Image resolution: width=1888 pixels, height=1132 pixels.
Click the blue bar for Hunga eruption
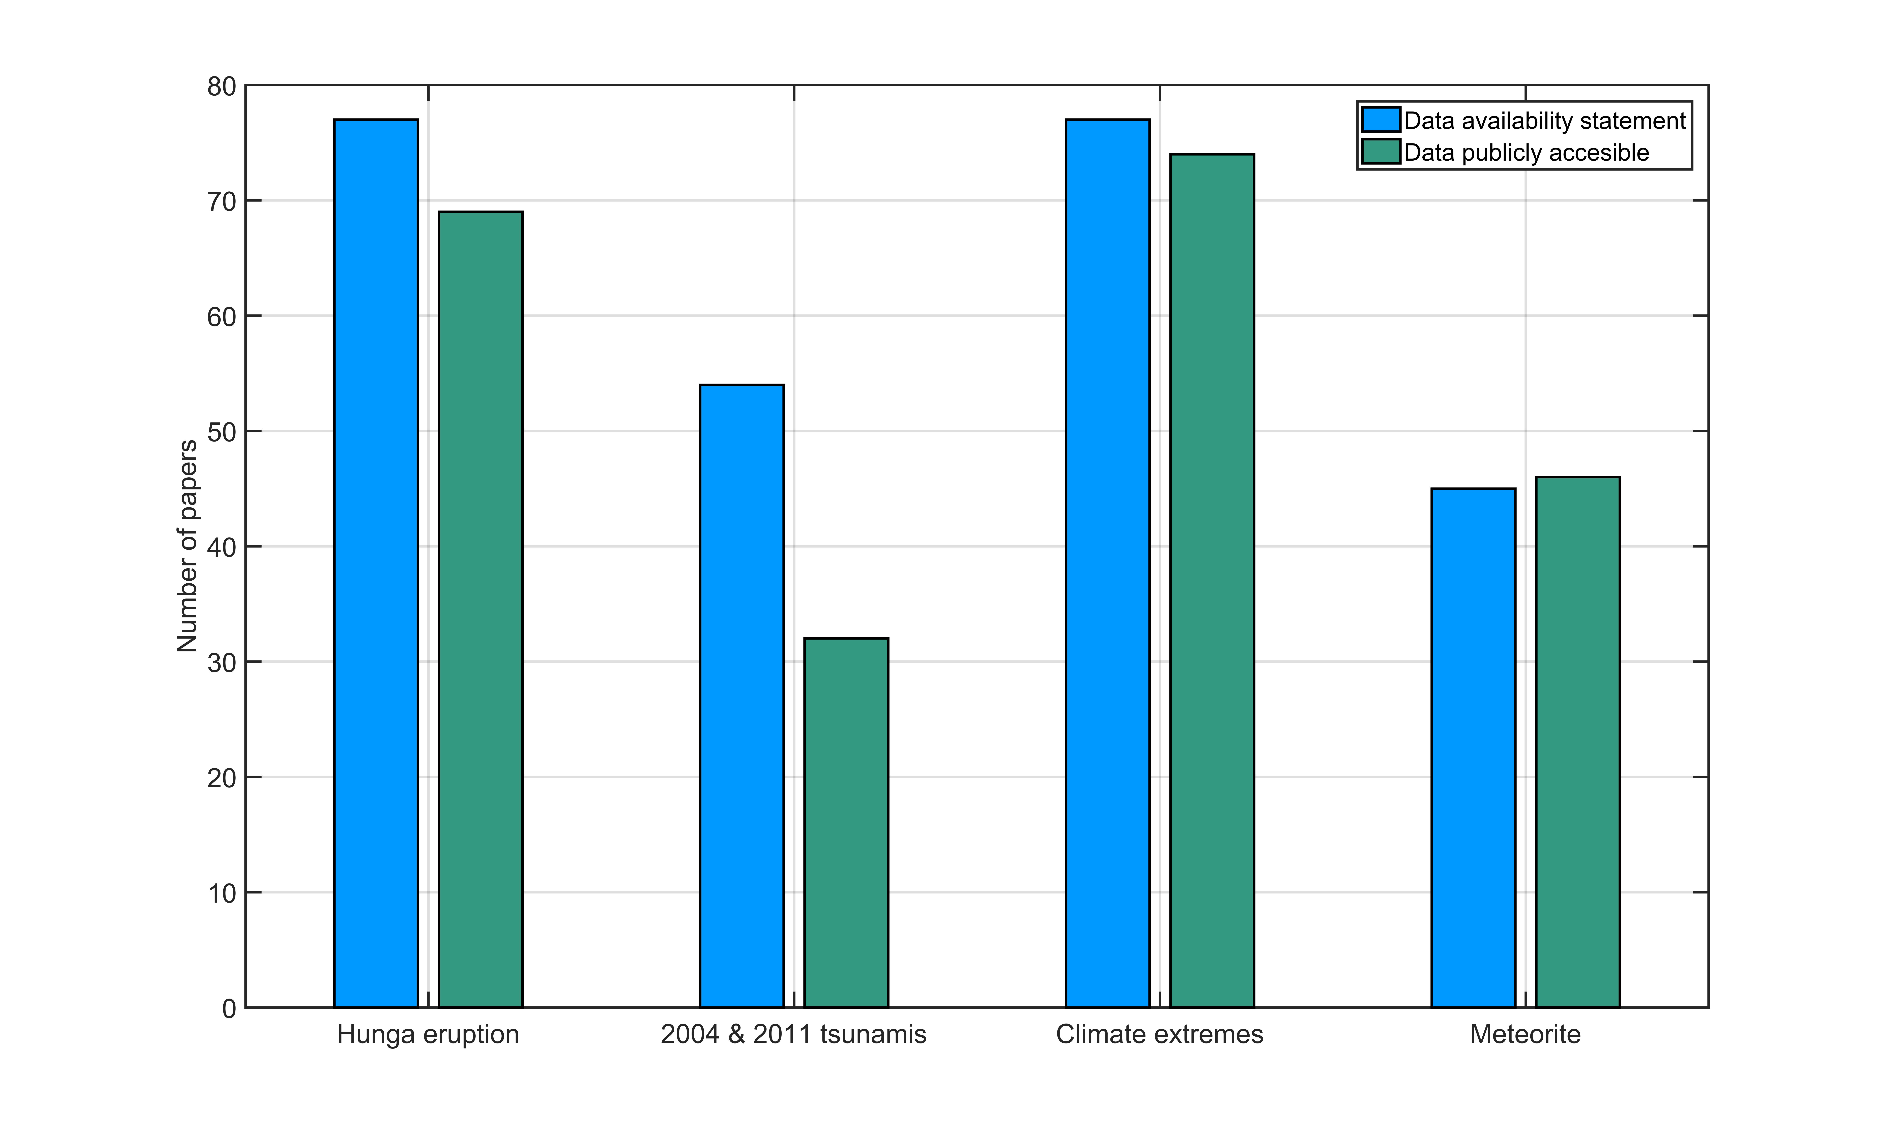[x=376, y=563]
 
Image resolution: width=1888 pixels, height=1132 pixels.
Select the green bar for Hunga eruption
[x=481, y=610]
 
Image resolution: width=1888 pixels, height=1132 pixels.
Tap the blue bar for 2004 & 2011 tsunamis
[x=742, y=696]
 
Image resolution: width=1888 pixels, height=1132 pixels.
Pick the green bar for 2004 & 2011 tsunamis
[x=846, y=822]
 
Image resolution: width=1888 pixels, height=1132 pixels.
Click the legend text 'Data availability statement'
[x=1545, y=121]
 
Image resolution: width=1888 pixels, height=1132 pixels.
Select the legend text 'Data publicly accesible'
[x=1526, y=153]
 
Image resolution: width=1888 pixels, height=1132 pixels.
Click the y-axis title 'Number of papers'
[x=187, y=546]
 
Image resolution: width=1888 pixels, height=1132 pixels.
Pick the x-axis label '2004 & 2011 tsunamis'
[x=794, y=1034]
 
